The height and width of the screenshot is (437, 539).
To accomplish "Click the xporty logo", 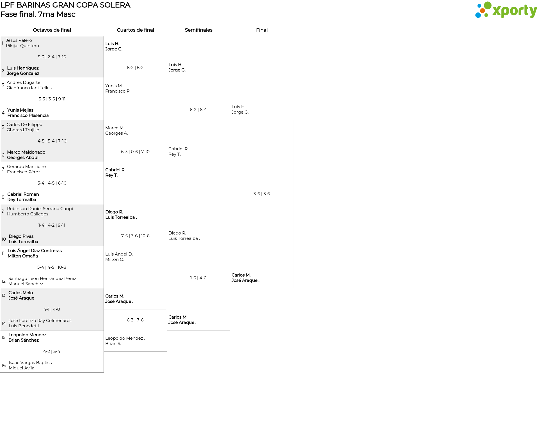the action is tap(506, 10).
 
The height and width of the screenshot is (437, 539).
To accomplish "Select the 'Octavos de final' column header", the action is tap(52, 30).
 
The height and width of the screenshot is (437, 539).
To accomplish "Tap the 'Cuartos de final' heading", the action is tap(135, 30).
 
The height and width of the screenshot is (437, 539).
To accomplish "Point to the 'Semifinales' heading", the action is tap(198, 30).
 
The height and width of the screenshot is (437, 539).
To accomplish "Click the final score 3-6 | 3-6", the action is tap(262, 194).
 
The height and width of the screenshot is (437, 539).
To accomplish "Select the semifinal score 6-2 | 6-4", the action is tap(198, 110).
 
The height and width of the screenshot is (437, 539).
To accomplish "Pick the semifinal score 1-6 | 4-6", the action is tap(198, 278).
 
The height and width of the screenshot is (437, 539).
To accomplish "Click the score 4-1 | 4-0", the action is tap(52, 309).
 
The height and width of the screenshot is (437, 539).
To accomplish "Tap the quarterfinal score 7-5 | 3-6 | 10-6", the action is tap(135, 236).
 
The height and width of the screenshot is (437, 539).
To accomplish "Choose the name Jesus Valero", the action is tap(19, 40).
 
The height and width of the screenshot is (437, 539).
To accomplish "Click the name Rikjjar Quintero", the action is tap(22, 46).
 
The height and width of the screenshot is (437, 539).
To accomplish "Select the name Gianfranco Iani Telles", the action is tap(29, 88).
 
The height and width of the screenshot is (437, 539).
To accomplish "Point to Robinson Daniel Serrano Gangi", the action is tap(40, 209).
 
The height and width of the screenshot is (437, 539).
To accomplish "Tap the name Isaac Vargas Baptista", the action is tap(31, 363).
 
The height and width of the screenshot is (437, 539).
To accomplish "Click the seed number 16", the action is tap(4, 365).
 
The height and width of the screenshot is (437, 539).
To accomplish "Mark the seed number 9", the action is tap(3, 211).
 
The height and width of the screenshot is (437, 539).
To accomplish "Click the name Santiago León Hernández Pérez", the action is tap(42, 279).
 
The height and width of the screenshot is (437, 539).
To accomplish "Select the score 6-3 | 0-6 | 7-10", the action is tap(135, 152).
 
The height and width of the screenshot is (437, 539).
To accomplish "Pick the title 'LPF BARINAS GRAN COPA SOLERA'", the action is tap(65, 5).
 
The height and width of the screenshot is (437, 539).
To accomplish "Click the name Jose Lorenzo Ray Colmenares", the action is tap(40, 321).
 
